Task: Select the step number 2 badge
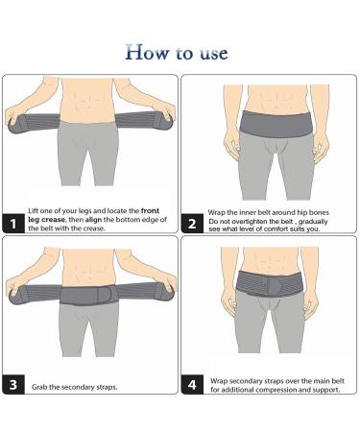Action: coord(194,225)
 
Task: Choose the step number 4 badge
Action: coord(194,386)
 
